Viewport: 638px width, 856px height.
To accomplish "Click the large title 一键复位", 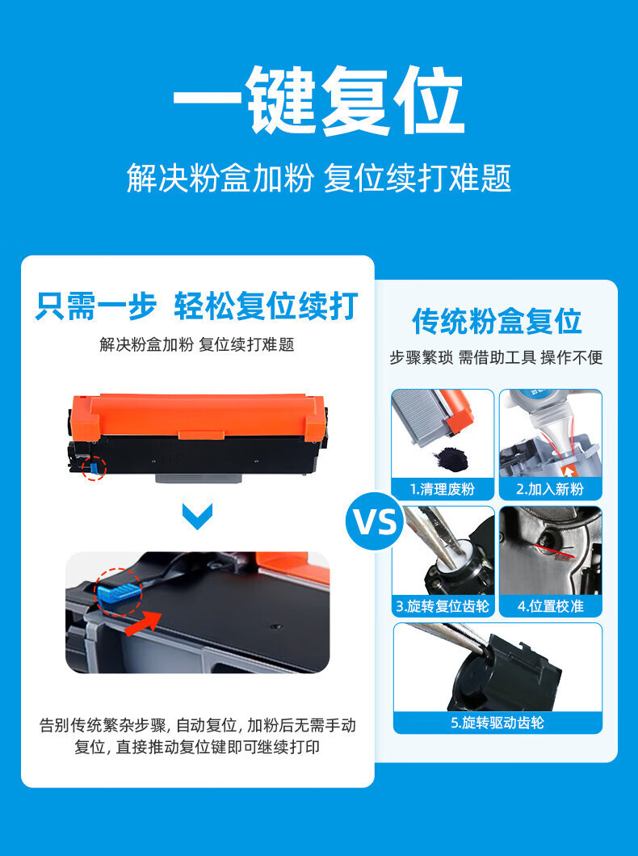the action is click(318, 100).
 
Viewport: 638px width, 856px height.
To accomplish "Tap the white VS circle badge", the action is click(375, 521).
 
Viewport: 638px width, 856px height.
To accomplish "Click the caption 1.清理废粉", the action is click(443, 489).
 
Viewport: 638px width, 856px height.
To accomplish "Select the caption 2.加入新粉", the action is click(550, 489).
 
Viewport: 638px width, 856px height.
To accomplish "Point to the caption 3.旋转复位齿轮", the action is click(443, 606).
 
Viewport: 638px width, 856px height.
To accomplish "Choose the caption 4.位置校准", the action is click(550, 606).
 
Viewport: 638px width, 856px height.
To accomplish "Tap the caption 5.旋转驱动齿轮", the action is click(497, 723).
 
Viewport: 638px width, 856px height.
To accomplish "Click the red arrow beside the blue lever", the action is click(144, 623).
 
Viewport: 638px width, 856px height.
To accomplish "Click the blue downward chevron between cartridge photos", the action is click(197, 516).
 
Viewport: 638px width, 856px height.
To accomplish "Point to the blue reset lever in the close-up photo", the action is click(119, 592).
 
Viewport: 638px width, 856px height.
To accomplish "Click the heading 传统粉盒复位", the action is click(497, 321).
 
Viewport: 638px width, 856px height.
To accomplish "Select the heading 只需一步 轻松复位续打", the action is click(197, 306).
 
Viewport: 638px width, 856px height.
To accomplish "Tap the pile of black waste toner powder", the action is click(450, 457).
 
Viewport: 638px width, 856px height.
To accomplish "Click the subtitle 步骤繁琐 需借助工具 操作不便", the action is click(496, 357).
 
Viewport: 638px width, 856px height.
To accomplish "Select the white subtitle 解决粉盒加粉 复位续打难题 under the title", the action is click(319, 178).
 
